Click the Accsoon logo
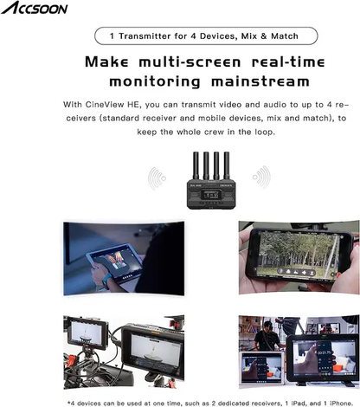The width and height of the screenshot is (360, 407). tap(35, 8)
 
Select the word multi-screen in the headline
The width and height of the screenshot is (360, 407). tap(190, 62)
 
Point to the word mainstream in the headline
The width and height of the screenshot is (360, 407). tap(260, 81)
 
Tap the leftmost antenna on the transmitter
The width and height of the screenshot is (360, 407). tap(196, 165)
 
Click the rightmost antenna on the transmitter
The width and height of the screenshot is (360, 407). tap(227, 165)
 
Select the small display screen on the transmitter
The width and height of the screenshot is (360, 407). tap(209, 195)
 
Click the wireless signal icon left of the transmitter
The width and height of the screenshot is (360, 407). tap(157, 178)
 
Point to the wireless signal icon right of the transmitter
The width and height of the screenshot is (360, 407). tap(261, 177)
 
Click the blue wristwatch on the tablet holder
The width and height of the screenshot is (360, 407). tap(106, 281)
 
